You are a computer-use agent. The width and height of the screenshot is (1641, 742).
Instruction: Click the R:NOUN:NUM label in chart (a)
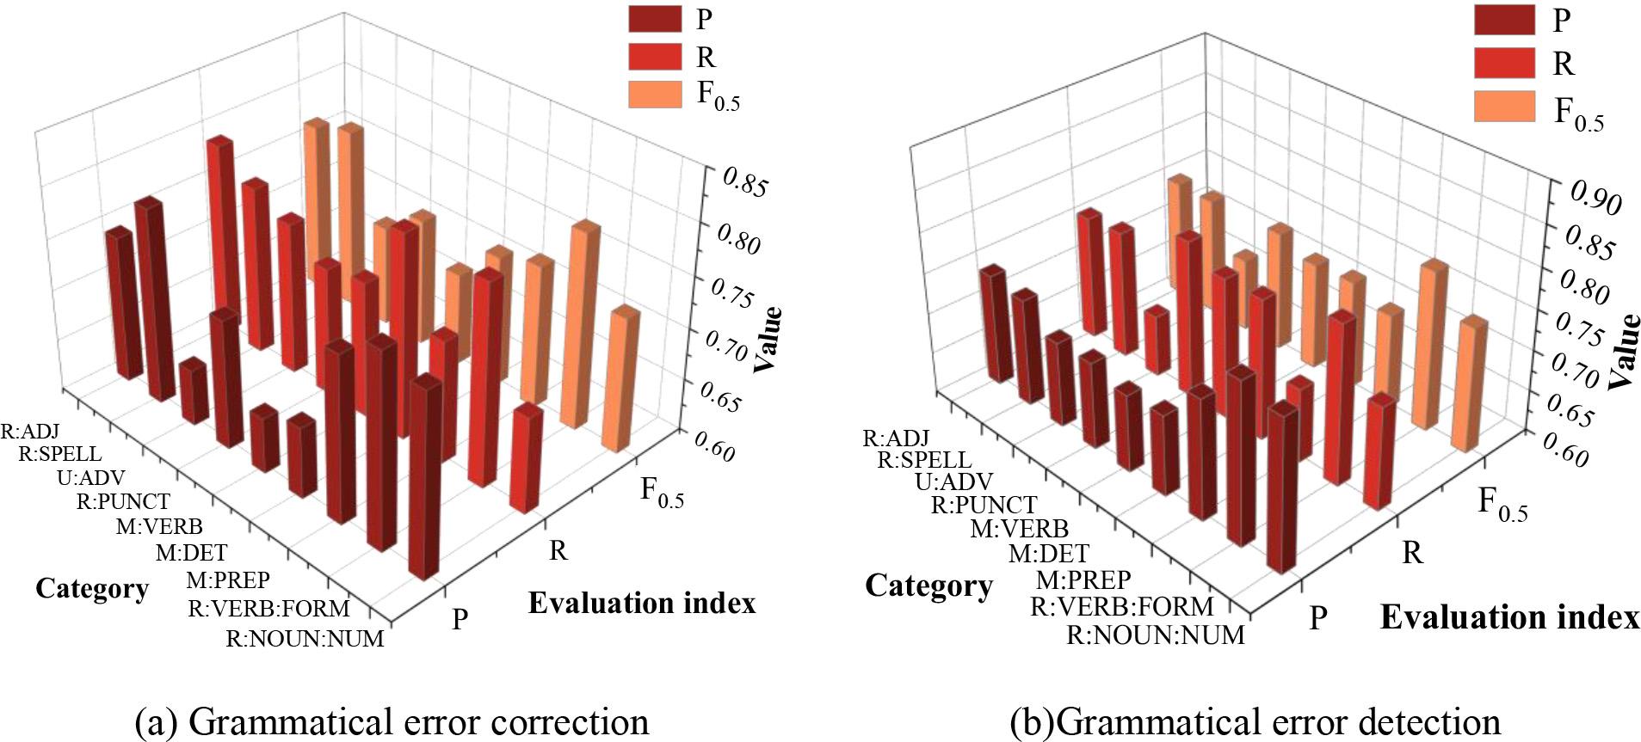[x=305, y=640]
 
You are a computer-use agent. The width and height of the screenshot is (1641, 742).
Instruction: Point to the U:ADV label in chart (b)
[x=953, y=481]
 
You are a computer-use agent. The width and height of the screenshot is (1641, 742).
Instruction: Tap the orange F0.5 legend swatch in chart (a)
[x=656, y=95]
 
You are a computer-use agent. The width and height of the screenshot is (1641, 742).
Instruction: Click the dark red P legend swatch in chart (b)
[x=1503, y=20]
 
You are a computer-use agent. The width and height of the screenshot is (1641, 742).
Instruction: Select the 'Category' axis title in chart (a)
[x=92, y=589]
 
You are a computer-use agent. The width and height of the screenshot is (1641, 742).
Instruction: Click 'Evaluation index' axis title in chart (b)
[x=1509, y=617]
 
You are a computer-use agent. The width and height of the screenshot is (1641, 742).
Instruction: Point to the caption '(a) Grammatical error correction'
[x=392, y=721]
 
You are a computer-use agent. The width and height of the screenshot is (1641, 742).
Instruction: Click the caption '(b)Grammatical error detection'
[x=1255, y=721]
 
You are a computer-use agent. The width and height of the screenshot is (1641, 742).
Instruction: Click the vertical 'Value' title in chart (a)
[x=768, y=339]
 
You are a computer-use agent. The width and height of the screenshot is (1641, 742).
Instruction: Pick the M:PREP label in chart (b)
[x=1083, y=579]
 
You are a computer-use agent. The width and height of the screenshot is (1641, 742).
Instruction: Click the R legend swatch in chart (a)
[x=656, y=57]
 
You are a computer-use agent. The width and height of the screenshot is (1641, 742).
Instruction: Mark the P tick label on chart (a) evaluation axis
[x=460, y=618]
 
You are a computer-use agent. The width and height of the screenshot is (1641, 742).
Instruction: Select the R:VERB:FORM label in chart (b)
[x=1122, y=607]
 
